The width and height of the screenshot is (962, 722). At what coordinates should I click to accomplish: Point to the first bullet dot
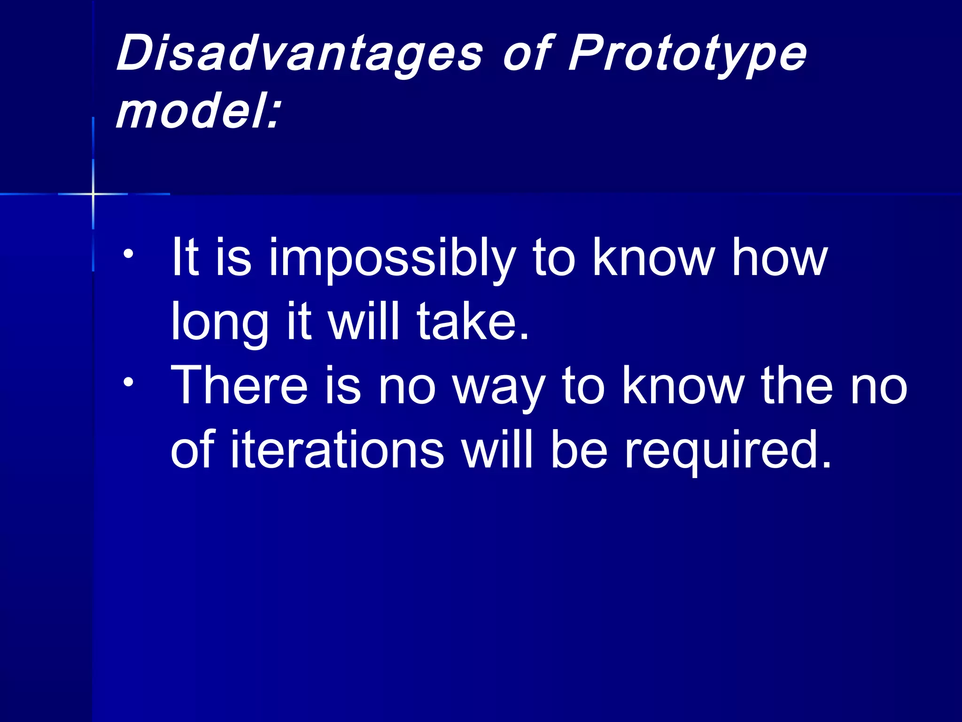point(128,254)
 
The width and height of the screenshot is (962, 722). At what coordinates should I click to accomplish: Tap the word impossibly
point(392,259)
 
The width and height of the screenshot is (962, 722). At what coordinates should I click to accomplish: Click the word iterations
point(337,450)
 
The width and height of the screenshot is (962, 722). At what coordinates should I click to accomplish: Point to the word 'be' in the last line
point(579,450)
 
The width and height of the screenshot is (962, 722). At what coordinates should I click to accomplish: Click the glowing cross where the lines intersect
point(93,194)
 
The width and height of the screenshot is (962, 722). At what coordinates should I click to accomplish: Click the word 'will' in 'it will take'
point(364,322)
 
